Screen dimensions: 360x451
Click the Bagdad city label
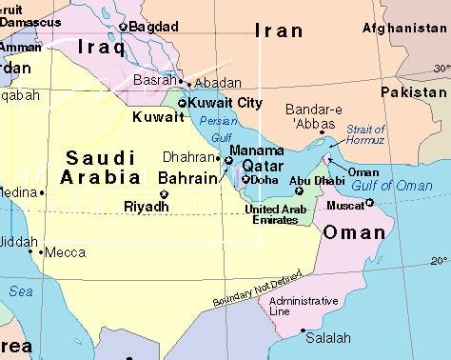tap(152, 27)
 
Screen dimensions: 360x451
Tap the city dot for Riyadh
tap(164, 194)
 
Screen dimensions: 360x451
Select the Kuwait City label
tap(225, 103)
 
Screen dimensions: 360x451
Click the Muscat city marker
tap(369, 202)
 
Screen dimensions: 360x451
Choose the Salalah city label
tap(328, 338)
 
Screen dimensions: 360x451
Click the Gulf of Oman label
tap(392, 186)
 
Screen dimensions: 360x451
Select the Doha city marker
tap(245, 179)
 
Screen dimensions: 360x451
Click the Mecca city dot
tap(41, 252)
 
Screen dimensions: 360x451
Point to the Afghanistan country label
tap(403, 29)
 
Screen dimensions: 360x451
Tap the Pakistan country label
tap(413, 92)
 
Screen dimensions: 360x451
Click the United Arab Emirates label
tap(277, 214)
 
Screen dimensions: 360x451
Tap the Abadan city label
tap(217, 82)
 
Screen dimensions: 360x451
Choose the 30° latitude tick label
tap(440, 69)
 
